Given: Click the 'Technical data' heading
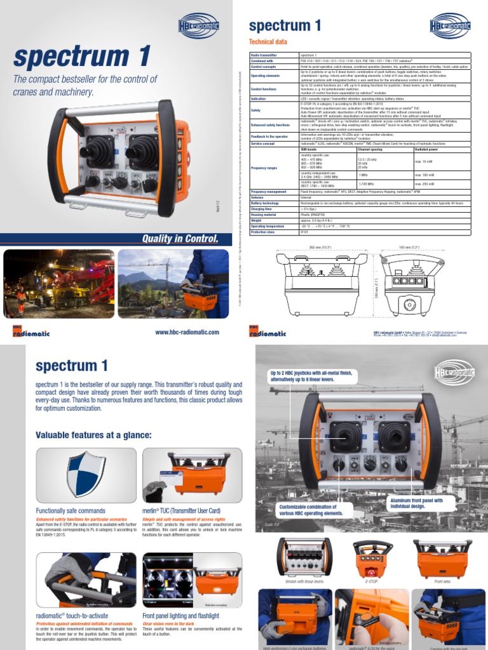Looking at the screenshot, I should (x=268, y=41).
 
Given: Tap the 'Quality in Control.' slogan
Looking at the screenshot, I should (x=180, y=239).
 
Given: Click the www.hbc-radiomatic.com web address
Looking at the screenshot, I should (x=187, y=332).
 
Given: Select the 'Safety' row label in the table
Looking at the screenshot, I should (x=256, y=110).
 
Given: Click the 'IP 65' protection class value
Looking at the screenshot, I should (x=304, y=232).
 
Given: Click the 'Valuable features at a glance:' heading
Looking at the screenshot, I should (x=93, y=435).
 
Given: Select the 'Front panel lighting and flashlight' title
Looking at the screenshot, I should (x=181, y=616).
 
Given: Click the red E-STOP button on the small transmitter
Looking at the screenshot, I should (x=372, y=550).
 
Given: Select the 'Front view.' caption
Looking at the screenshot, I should (x=442, y=581).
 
